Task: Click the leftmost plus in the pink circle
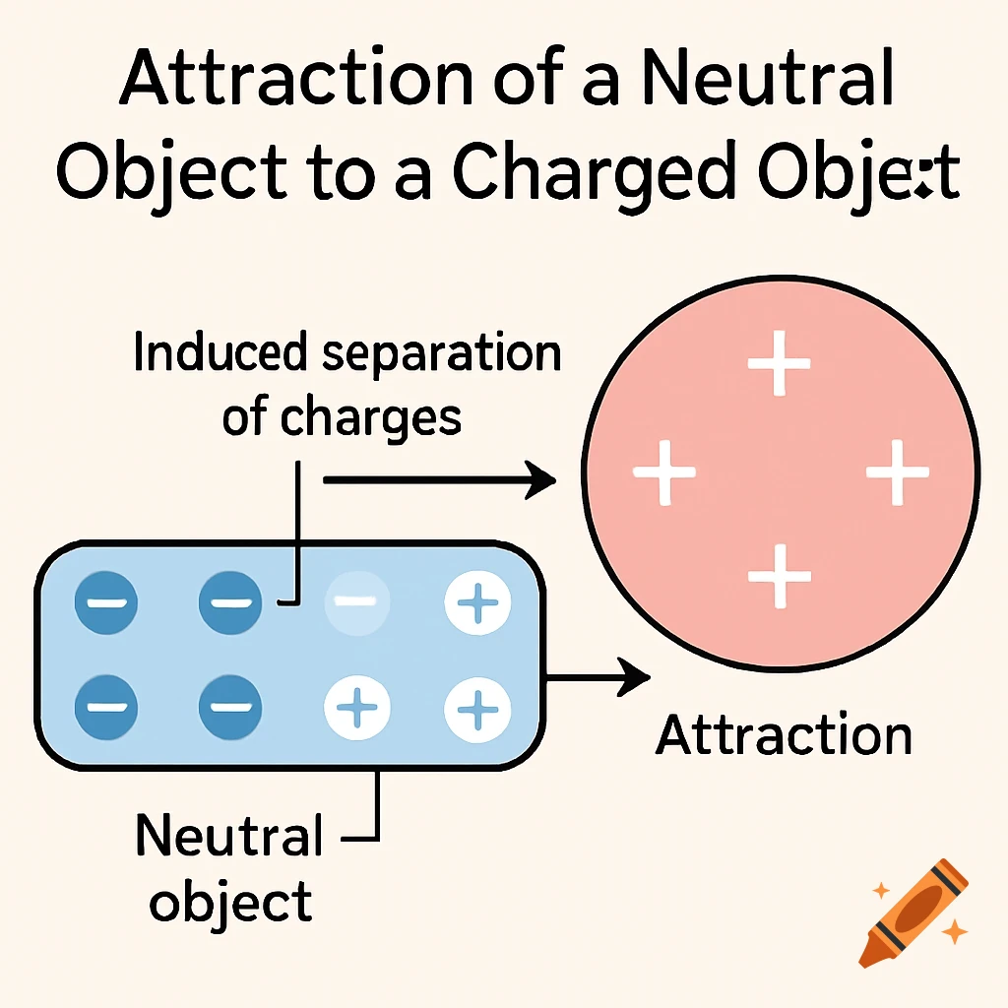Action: click(664, 472)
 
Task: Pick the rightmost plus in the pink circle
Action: click(897, 472)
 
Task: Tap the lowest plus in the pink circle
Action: click(779, 575)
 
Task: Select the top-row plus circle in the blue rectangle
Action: click(477, 601)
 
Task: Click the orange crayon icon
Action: click(913, 911)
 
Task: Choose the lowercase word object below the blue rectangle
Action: click(231, 903)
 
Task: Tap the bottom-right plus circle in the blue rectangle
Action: click(477, 707)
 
